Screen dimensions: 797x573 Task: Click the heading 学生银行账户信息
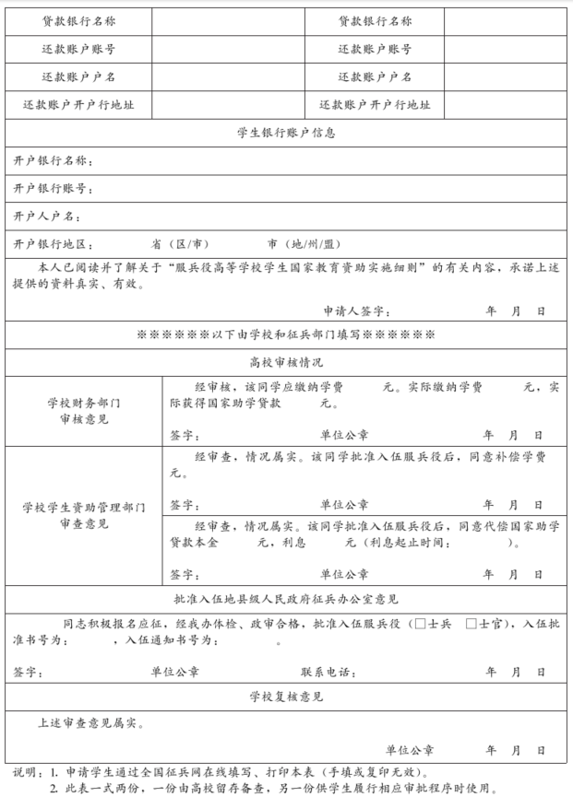point(286,132)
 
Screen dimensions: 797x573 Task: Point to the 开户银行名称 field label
point(53,160)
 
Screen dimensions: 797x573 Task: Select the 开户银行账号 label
point(53,188)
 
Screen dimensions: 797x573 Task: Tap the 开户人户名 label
point(46,216)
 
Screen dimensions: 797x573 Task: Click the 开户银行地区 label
point(53,244)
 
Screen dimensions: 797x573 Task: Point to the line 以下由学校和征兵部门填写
point(286,334)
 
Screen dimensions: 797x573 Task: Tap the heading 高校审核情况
point(286,363)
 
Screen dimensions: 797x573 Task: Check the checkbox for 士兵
point(421,624)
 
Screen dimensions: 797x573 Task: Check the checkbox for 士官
point(472,624)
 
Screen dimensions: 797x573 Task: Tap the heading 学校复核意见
point(286,697)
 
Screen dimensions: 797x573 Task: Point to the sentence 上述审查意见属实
point(90,723)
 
